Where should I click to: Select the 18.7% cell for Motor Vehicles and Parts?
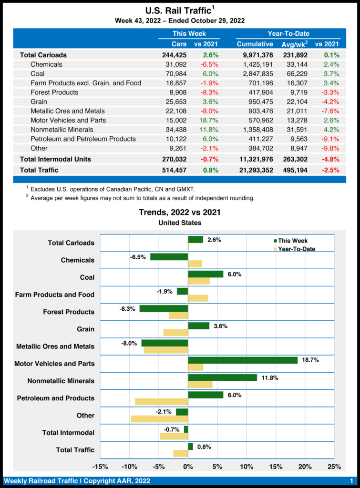[x=208, y=120]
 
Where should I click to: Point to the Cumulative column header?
[x=255, y=44]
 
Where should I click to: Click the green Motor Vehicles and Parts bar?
[x=243, y=360]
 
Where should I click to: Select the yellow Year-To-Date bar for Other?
[x=159, y=419]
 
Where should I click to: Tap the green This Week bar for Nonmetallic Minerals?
[x=223, y=377]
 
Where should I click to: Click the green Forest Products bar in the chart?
[x=164, y=308]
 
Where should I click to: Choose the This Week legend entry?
[x=292, y=241]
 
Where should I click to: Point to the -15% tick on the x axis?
[x=100, y=466]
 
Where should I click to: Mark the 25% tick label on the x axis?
[x=334, y=466]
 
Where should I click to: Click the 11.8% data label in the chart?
[x=269, y=377]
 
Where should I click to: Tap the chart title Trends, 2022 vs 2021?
[x=180, y=212]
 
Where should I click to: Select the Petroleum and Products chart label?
[x=56, y=398]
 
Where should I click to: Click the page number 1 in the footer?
[x=351, y=480]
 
